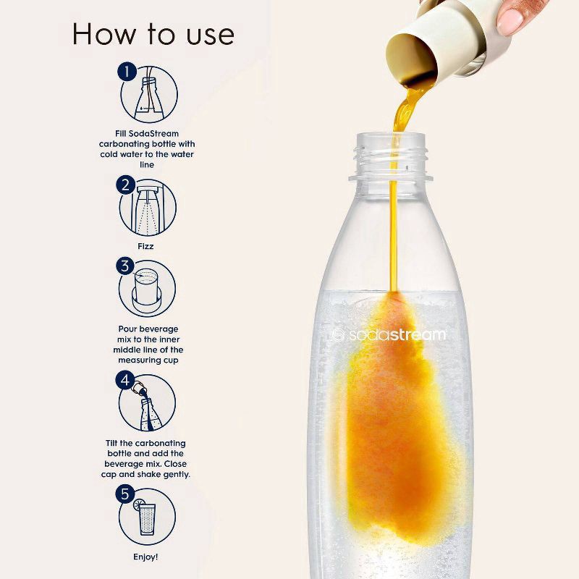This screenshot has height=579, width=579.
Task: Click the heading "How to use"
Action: pos(153,33)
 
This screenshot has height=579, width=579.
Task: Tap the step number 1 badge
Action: pos(127,72)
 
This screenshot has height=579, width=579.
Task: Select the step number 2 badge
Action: pos(126,185)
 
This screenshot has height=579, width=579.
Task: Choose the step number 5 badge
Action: pos(126,495)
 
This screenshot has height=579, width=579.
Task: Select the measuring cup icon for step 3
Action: pos(149,289)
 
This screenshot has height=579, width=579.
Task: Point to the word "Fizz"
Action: pos(147,246)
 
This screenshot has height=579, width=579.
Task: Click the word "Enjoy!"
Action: pos(146,557)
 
